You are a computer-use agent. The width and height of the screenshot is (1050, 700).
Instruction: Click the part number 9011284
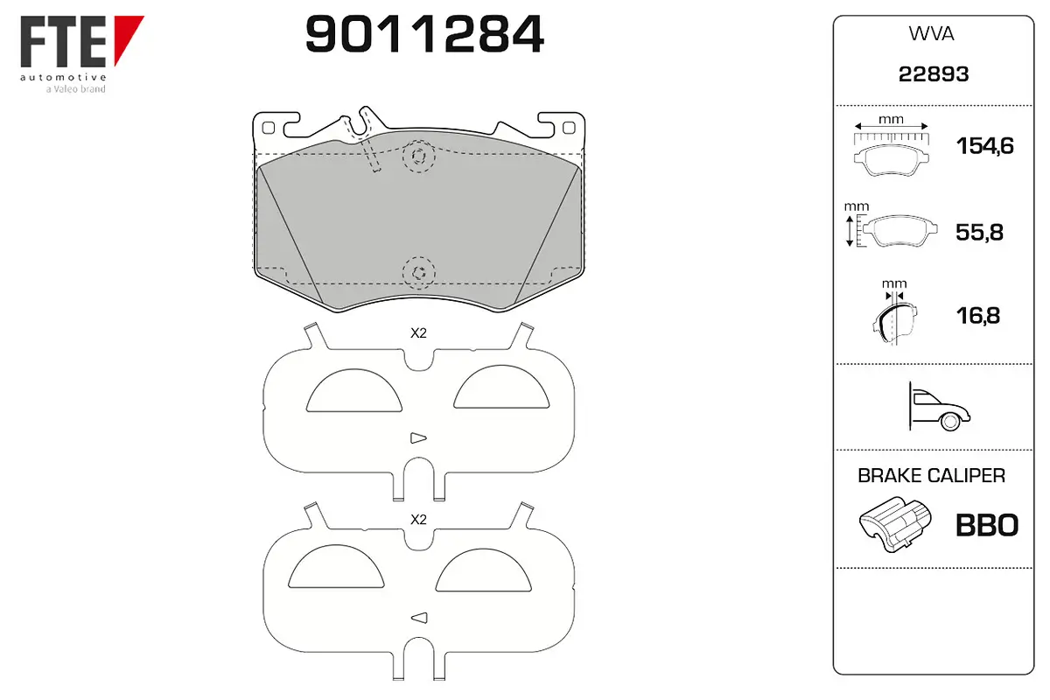(424, 34)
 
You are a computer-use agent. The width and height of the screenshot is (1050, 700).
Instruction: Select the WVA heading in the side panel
(931, 34)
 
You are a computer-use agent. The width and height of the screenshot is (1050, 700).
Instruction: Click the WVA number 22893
(934, 74)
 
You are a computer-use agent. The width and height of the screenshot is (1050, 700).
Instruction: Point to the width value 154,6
(985, 146)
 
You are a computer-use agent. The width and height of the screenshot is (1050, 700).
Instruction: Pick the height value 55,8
(980, 232)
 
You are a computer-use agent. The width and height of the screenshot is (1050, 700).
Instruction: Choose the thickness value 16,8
(978, 316)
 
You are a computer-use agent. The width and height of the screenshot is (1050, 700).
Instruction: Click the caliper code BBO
(987, 525)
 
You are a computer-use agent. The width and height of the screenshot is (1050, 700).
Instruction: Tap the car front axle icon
(937, 407)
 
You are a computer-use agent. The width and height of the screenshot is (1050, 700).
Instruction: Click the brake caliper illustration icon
(895, 524)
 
